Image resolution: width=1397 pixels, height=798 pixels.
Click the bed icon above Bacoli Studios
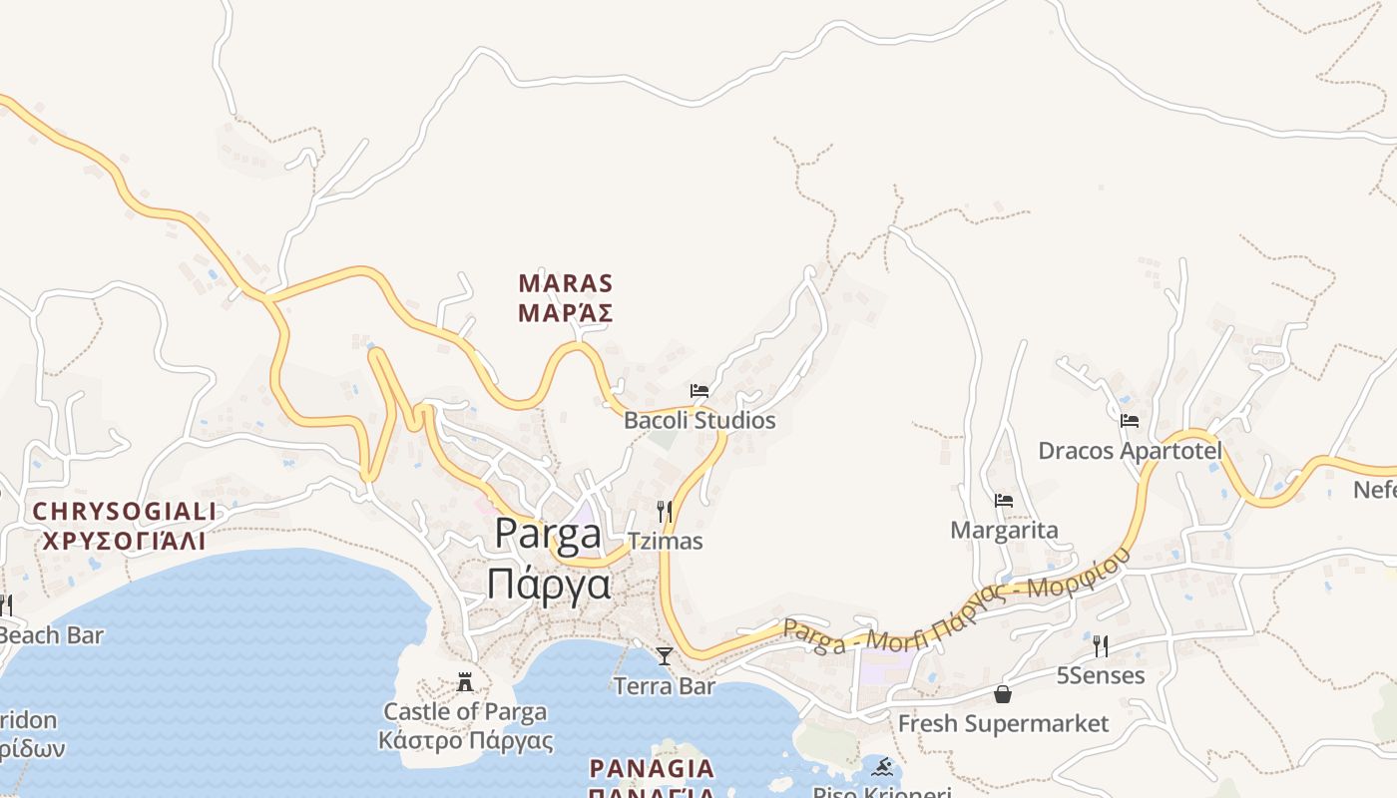[699, 390]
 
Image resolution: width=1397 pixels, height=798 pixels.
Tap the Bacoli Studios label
[699, 420]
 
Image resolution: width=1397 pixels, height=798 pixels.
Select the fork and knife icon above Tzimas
[665, 512]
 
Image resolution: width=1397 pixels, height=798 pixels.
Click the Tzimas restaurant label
[665, 541]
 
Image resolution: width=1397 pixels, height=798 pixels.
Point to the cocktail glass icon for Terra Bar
[665, 655]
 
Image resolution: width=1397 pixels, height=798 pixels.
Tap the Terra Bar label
[665, 686]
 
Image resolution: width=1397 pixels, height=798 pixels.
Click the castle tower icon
[465, 682]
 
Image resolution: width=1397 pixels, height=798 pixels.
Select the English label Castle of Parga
[465, 711]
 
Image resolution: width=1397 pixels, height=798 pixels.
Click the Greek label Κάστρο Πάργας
[465, 741]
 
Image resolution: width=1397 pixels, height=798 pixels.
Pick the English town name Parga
[548, 534]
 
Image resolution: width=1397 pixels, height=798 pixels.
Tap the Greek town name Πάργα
[548, 583]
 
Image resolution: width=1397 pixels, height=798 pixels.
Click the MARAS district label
[565, 283]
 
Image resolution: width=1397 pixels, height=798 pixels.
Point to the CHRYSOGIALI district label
[124, 512]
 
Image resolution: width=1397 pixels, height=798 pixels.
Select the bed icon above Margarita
[1004, 500]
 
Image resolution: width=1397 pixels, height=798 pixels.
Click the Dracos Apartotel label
[1130, 451]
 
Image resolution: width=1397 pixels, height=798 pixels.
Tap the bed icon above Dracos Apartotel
[1130, 420]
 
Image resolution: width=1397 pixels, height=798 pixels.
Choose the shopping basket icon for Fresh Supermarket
[1003, 693]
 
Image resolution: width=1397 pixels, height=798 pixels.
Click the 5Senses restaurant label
[1100, 675]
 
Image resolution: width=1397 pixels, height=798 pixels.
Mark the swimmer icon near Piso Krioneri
[882, 767]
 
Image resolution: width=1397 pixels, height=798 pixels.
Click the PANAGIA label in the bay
[652, 768]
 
